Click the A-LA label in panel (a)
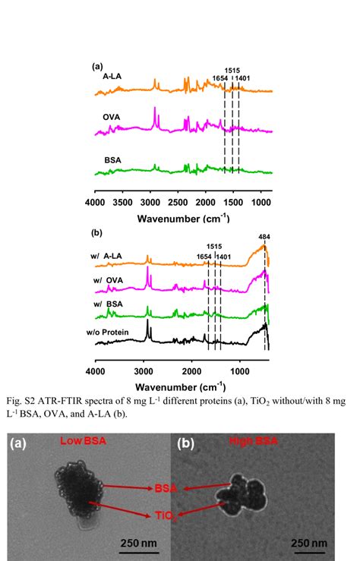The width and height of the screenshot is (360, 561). pos(113,77)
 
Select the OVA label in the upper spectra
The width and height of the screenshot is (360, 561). pos(113,118)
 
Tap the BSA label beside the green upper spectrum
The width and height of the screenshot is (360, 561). pos(113,160)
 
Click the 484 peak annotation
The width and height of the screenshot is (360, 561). pos(264,235)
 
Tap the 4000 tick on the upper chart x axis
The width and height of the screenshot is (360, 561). pos(94,203)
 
